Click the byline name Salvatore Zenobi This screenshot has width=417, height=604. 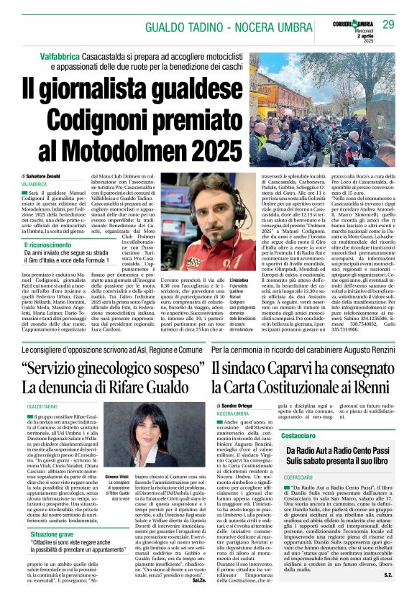pyautogui.click(x=51, y=176)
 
